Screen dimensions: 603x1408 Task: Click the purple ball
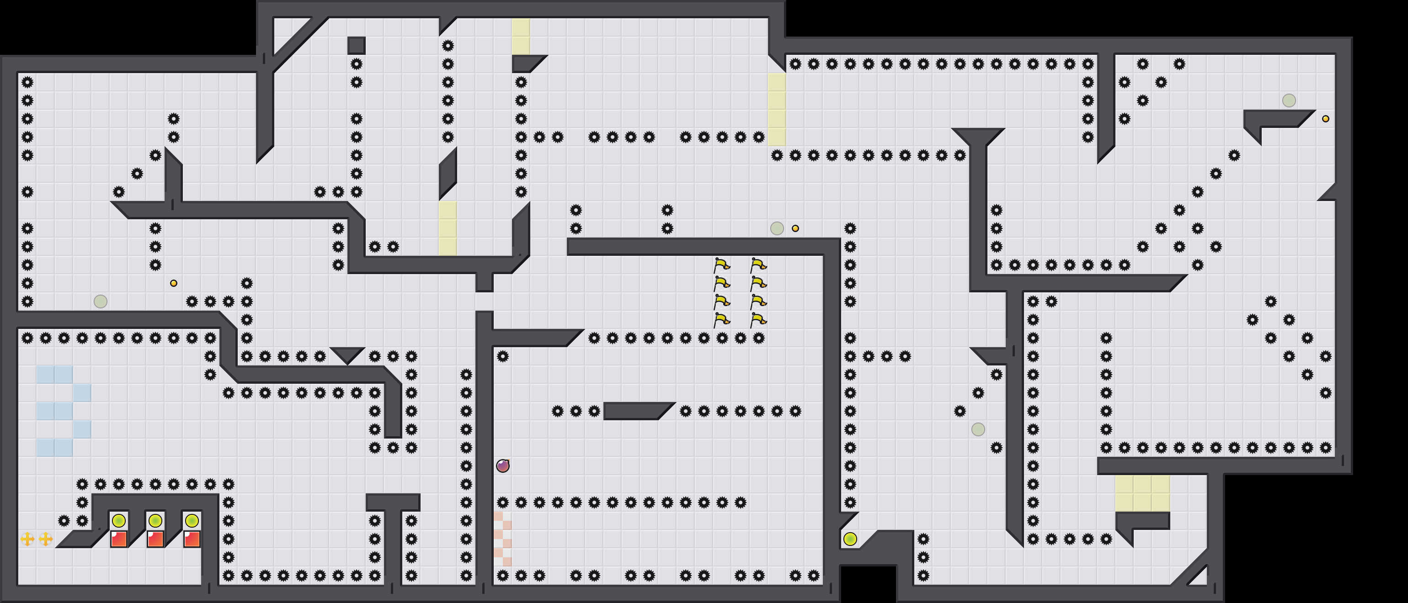pos(503,465)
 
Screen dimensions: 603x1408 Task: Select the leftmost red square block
pos(118,539)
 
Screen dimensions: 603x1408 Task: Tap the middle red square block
pos(155,539)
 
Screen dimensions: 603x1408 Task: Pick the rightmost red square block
pos(192,539)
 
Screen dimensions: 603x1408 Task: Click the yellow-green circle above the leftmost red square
pos(118,520)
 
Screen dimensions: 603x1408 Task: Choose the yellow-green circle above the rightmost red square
pos(192,520)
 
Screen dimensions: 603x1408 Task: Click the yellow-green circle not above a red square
pos(850,539)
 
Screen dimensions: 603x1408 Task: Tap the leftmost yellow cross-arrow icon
pos(27,539)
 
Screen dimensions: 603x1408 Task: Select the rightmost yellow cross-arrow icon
pos(46,539)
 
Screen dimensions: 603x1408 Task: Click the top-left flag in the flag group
pos(721,265)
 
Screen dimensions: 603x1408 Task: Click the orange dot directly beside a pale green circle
pos(795,228)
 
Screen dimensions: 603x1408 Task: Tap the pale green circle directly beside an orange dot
pos(777,228)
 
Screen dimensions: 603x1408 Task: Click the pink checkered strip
pos(503,539)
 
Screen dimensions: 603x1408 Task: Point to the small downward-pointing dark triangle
pos(347,354)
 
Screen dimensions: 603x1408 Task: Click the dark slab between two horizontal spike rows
pos(637,411)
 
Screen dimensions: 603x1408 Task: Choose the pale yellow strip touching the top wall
pos(521,36)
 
